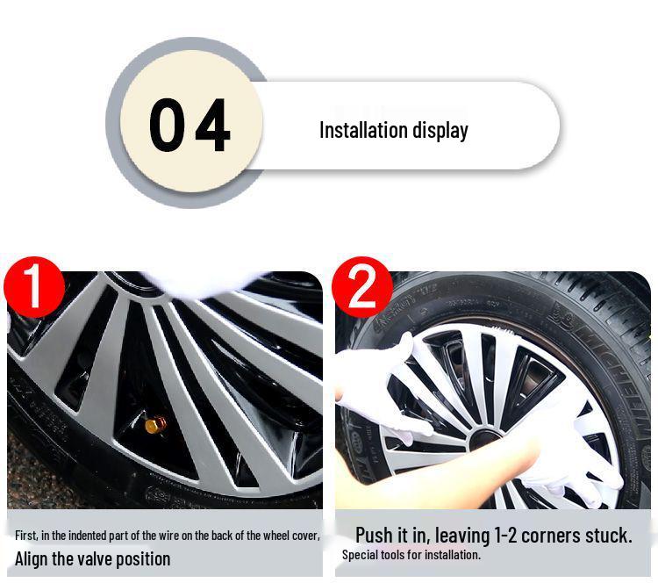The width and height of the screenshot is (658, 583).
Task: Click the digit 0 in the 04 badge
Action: (167, 126)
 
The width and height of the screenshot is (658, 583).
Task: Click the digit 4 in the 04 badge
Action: (212, 126)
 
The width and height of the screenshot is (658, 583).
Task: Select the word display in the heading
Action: (440, 130)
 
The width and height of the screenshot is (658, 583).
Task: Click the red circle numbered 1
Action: (33, 286)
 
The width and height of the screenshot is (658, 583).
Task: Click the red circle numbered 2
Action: (361, 286)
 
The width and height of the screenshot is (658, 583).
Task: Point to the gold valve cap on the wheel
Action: (155, 425)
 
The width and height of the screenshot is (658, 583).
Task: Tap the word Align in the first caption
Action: (33, 558)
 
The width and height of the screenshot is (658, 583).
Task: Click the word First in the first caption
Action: (25, 535)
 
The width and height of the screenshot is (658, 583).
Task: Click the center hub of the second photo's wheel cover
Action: (484, 437)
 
